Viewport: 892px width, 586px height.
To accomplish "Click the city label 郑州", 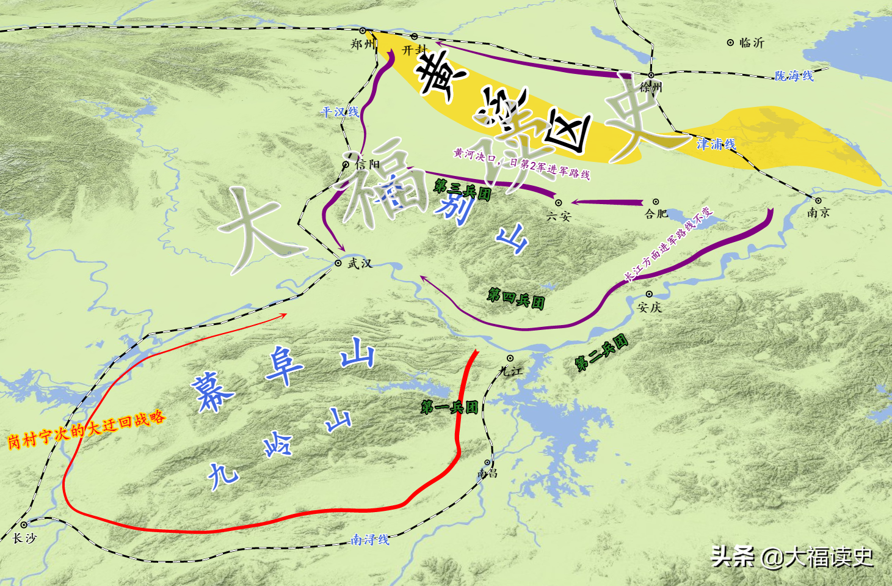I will (362, 44).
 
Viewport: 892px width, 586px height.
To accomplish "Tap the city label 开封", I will (415, 49).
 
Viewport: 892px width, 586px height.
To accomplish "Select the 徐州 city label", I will (651, 87).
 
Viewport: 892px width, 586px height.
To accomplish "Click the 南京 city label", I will (818, 213).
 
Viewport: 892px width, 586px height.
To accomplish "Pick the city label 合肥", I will (656, 214).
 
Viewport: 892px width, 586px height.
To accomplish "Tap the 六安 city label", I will (559, 216).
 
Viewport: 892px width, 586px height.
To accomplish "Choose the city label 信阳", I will (368, 164).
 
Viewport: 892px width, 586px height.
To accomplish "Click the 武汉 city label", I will (360, 263).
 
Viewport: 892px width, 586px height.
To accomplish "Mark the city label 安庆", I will (650, 307).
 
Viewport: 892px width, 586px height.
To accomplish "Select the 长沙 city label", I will (25, 538).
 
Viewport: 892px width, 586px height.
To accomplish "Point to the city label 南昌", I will (487, 474).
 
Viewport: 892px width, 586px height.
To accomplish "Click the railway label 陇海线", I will (794, 76).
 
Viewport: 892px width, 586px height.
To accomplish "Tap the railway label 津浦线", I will (716, 144).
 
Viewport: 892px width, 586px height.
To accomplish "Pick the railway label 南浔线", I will (370, 540).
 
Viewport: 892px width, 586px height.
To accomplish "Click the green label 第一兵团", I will (449, 407).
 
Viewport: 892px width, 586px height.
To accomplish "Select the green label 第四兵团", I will (516, 298).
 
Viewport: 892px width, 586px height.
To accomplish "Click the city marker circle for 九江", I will (510, 358).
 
